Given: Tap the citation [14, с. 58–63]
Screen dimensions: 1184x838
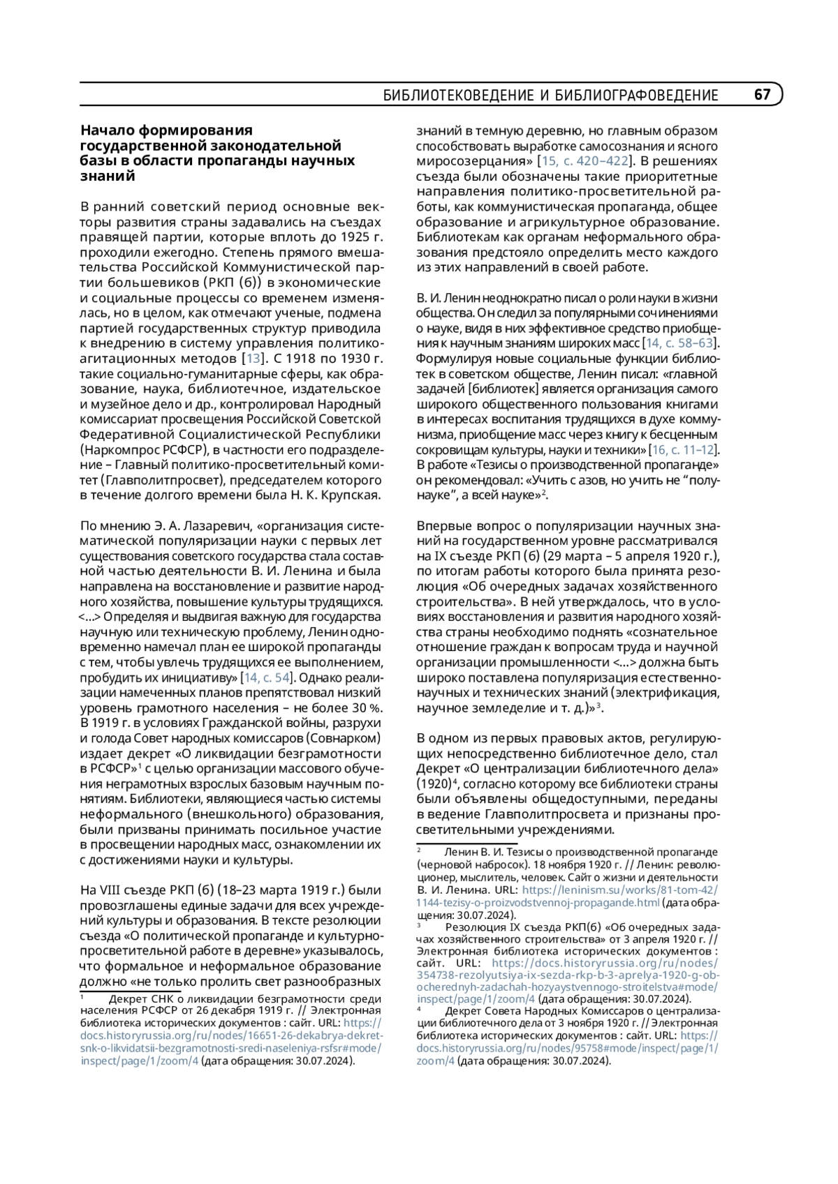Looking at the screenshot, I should pos(680,343).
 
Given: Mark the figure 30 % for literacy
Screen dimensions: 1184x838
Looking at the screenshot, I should pos(361,707).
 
